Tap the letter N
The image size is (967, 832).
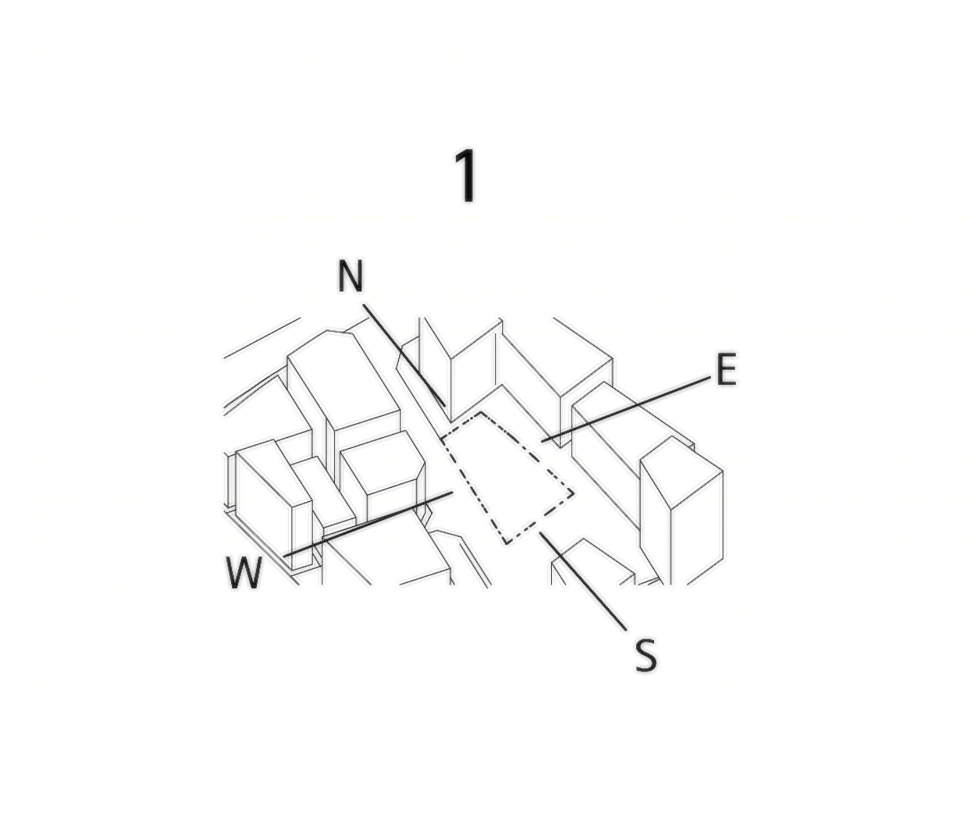[x=350, y=276]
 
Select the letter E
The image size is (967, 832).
[x=726, y=369]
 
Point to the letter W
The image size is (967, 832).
[x=244, y=572]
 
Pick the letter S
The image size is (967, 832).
[x=646, y=656]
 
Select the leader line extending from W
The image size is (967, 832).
[x=368, y=525]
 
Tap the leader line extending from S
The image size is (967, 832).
[x=583, y=582]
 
